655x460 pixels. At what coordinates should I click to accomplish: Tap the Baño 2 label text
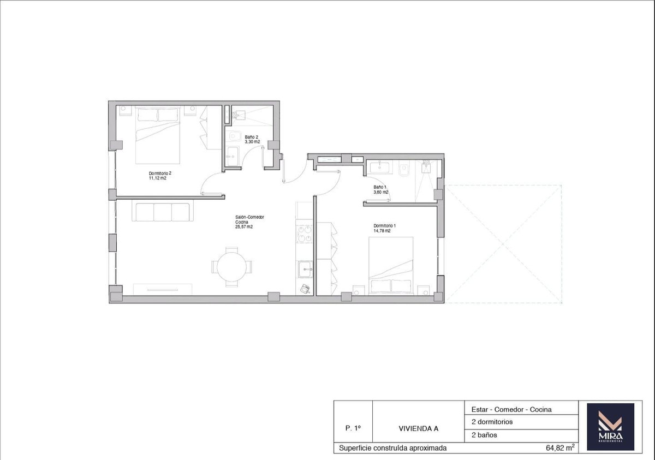[252, 139]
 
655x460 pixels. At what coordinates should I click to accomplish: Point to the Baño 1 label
[380, 189]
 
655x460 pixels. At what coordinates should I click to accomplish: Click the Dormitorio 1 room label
[384, 228]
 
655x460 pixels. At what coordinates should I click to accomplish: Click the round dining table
[232, 267]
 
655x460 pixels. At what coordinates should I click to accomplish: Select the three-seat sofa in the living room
[162, 212]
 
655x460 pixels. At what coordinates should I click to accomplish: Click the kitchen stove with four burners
[305, 234]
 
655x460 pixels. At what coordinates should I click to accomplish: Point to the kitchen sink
[305, 268]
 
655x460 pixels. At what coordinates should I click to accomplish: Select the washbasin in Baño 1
[377, 167]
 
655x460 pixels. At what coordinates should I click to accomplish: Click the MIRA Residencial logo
[610, 427]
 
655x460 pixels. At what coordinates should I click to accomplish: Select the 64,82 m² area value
[560, 448]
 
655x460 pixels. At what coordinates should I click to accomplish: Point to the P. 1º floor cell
[353, 428]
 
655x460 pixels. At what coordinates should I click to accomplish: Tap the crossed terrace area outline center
[503, 243]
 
